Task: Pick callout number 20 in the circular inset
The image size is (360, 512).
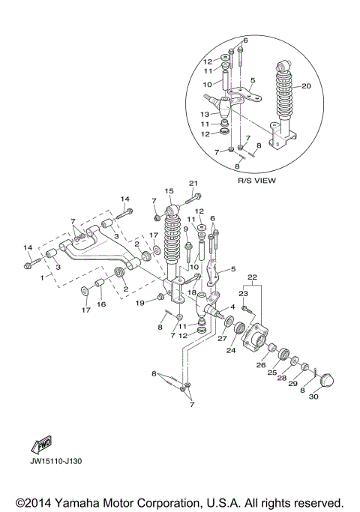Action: point(305,86)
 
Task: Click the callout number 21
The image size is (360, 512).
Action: point(193,184)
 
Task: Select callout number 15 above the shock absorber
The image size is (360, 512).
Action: point(169,191)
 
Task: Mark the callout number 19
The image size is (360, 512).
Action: point(139,303)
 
